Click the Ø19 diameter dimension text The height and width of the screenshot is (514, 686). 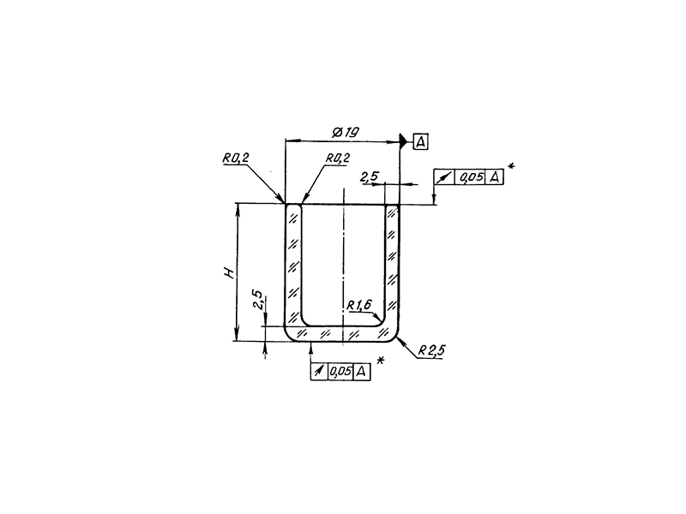tap(344, 131)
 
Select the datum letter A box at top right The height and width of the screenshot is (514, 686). tap(420, 142)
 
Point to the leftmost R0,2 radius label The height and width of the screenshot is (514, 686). tap(234, 158)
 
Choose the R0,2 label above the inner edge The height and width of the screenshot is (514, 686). tap(337, 158)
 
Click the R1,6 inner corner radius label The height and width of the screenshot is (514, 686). tap(360, 305)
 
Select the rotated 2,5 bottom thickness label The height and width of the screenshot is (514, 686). tap(257, 300)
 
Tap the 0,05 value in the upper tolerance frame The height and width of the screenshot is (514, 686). tap(470, 177)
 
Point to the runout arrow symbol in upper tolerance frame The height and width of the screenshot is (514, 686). tap(444, 177)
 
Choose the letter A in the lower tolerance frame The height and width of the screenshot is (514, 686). tap(362, 371)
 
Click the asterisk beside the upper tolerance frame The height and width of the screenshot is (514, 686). tap(510, 166)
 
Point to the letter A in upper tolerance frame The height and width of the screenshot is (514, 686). tap(493, 177)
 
